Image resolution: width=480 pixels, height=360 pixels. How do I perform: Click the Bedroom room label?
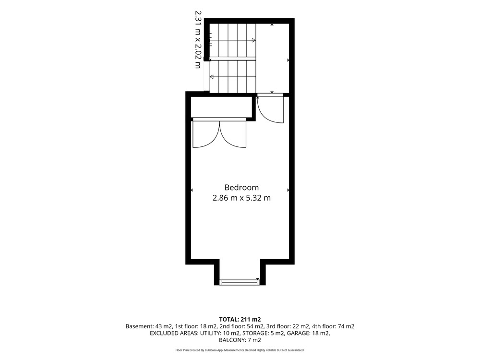coord(241,187)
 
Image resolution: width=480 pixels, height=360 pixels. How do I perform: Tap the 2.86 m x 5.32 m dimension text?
coord(241,198)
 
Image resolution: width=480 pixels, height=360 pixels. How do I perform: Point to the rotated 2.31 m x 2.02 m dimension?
coord(198,39)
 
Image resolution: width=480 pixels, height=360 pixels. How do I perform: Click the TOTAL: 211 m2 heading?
coord(240,320)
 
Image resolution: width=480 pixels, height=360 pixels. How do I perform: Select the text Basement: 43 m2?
coord(149,326)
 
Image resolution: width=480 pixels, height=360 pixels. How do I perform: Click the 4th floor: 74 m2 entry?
coord(333,326)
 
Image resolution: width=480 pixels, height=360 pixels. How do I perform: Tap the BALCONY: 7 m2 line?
coord(240,340)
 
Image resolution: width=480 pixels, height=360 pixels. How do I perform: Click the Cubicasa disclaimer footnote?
coord(240,350)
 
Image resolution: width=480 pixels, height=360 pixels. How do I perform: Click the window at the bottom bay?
coord(240,282)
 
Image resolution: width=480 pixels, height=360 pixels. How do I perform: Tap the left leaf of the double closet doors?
coord(206,134)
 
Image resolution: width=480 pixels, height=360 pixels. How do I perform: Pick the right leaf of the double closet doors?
coord(233,134)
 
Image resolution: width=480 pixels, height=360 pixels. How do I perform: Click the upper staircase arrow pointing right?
coord(233,40)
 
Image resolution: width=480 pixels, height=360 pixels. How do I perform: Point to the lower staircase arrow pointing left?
coord(233,76)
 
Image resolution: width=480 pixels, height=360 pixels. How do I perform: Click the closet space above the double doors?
coord(221,107)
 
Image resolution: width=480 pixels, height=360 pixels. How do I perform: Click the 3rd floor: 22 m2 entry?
coord(288,326)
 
